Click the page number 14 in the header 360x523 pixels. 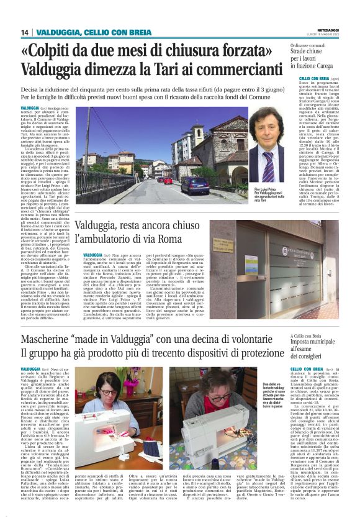coord(24,32)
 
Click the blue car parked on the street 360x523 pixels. coord(195,185)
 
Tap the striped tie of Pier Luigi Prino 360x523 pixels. coord(266,168)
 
